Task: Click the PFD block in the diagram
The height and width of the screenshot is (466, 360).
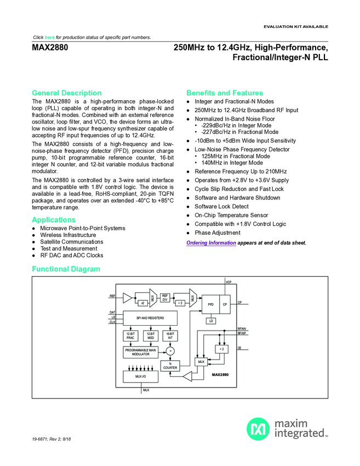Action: tap(210, 304)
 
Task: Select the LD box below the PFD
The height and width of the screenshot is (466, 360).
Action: tap(210, 321)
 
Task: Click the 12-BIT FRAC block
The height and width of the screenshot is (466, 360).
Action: tap(130, 336)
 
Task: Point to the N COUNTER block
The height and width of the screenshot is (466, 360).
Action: tap(170, 366)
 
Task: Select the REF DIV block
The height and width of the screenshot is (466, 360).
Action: tap(164, 297)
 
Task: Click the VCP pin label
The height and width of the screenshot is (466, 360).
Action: tap(228, 282)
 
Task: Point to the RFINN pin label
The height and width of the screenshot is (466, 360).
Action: tap(242, 328)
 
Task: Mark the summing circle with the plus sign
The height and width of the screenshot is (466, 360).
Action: tap(170, 351)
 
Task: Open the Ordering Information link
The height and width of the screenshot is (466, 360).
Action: tap(211, 242)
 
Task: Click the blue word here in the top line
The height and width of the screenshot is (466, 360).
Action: tap(50, 37)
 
